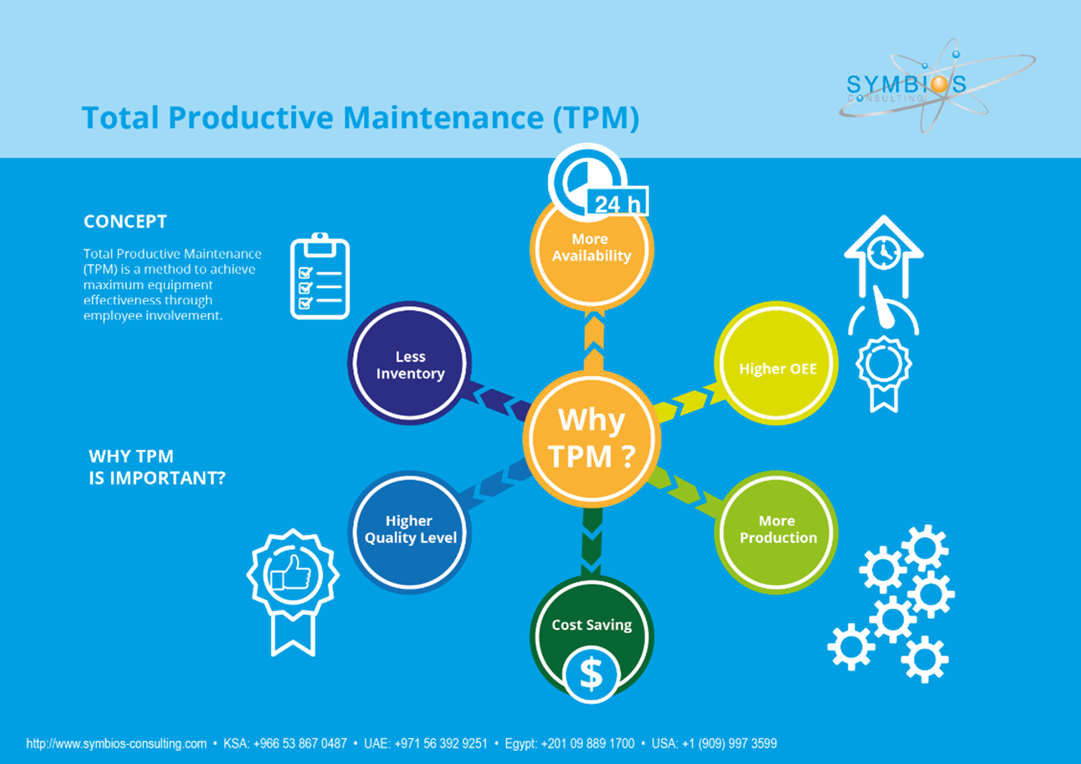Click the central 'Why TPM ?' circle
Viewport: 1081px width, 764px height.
tap(591, 438)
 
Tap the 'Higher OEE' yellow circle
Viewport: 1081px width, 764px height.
tap(777, 363)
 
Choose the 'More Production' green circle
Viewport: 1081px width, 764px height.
tap(777, 531)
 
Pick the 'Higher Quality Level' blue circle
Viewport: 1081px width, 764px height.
tap(409, 531)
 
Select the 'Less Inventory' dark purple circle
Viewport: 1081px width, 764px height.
tap(409, 363)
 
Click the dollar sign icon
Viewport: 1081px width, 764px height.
tap(591, 675)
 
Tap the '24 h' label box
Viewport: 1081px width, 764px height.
tap(617, 203)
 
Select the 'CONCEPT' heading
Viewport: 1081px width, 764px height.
tap(125, 222)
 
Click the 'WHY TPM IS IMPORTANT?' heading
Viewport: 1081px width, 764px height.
tap(157, 467)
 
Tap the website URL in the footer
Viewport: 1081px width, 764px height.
tap(116, 744)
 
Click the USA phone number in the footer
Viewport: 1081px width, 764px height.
tap(714, 744)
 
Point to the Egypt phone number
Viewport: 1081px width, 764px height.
tap(569, 744)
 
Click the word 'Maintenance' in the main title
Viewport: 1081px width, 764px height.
tap(442, 117)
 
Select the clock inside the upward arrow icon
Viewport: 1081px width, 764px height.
tap(884, 252)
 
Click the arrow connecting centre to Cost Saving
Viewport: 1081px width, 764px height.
tap(592, 542)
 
